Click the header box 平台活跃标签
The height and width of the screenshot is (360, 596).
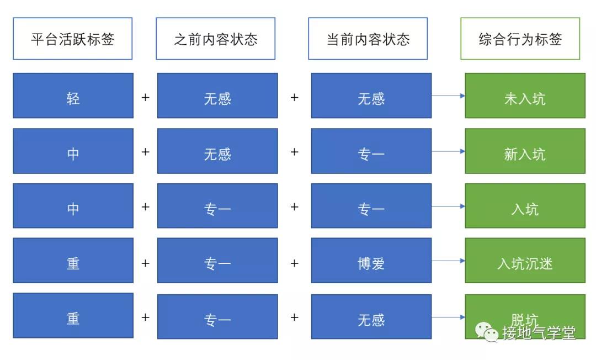pos(73,39)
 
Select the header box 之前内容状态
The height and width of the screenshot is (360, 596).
pos(216,39)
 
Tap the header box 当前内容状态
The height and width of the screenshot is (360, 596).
pos(368,39)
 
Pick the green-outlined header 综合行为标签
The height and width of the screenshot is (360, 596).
pos(520,39)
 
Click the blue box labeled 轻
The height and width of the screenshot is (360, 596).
pos(73,96)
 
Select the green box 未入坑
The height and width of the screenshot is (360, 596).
pos(525,96)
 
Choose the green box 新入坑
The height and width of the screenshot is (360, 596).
pos(525,151)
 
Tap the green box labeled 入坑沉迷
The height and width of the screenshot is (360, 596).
pos(525,261)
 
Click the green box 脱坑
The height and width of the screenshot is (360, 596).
pos(525,316)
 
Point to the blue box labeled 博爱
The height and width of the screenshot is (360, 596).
pos(371,261)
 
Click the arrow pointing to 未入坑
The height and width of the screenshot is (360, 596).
pos(448,96)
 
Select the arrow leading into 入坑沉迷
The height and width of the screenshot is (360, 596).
pos(448,261)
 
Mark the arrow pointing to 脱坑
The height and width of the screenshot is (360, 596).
pos(448,317)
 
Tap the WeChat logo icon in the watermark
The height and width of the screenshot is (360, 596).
pos(487,332)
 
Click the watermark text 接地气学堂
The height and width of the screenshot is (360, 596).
pos(539,332)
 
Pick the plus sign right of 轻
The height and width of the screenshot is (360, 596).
pos(145,98)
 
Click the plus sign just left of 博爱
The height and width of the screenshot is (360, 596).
pos(294,263)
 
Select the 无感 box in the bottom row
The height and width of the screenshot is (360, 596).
pos(371,316)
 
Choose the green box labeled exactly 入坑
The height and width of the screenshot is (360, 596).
pos(525,205)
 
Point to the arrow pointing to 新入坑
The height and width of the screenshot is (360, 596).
pos(448,151)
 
